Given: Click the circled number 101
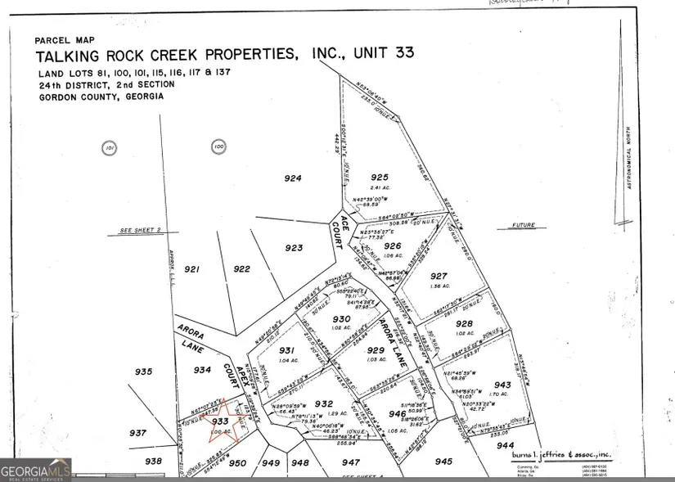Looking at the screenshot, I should (110, 148).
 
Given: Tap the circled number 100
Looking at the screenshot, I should (218, 148).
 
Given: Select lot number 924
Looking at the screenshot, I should (293, 178).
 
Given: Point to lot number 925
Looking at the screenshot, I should (379, 177).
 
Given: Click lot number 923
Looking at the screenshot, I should (294, 247).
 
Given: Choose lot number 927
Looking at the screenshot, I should (439, 276).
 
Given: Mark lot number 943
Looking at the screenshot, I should (502, 385).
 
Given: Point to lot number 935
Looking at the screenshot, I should (143, 372).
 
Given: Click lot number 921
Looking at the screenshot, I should (192, 268).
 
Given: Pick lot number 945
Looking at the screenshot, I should (443, 461).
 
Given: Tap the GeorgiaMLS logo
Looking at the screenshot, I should (35, 470).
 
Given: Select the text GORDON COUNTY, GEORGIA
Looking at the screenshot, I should (101, 96).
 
